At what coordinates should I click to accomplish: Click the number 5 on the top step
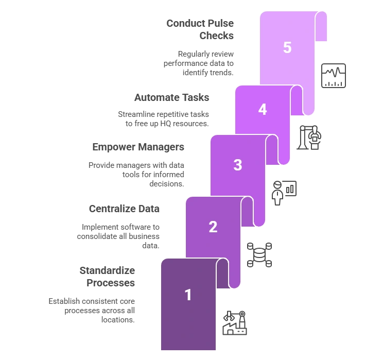pos(287,47)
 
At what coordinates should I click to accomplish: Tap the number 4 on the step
pos(263,109)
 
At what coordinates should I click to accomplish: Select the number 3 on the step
pos(238,165)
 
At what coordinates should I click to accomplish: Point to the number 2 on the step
pos(213,227)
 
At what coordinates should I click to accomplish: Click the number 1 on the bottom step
pos(188,295)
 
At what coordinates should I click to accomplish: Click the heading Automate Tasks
pos(172,97)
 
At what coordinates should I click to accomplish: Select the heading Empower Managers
pos(138,147)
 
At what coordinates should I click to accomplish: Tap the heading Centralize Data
pos(124,209)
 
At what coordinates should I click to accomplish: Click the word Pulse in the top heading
pos(221,24)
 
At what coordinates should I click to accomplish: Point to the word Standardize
pos(107,270)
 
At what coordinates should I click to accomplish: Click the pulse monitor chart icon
pos(334,76)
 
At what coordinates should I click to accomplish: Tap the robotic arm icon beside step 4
pos(309,138)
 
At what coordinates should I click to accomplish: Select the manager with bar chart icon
pos(284,193)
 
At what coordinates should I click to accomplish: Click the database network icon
pos(259,255)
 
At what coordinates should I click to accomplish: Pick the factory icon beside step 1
pos(235,323)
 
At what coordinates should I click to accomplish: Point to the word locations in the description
pos(118,320)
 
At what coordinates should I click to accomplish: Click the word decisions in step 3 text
pos(167,184)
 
